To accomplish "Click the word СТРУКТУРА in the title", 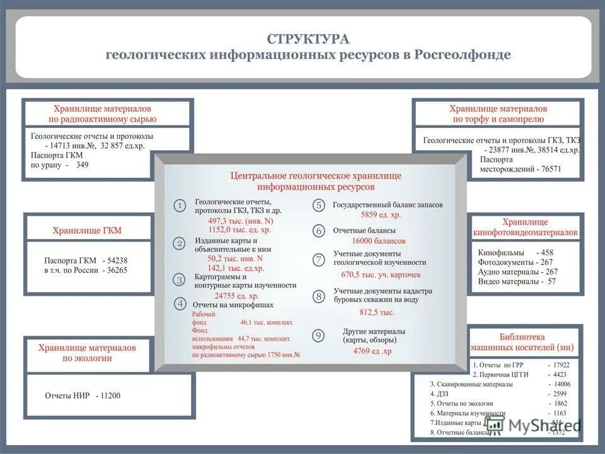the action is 308,39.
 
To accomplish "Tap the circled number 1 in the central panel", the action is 180,206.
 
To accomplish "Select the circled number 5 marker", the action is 319,205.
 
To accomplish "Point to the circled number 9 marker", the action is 319,336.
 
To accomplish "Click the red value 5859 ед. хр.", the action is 381,215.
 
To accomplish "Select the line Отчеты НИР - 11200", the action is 83,396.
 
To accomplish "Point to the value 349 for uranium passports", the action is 82,165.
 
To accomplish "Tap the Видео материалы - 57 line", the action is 517,281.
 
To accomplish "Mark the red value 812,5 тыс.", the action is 377,312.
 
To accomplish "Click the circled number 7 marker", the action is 319,259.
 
